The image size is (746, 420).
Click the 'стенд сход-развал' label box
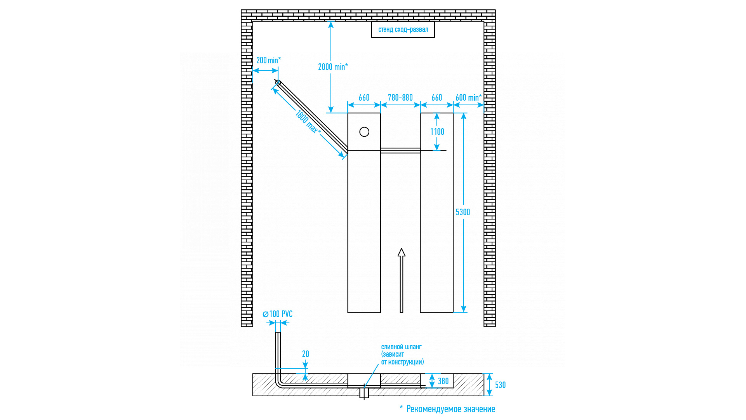(x=403, y=30)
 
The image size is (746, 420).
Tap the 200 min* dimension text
(x=268, y=60)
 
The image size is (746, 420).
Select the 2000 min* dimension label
(x=333, y=67)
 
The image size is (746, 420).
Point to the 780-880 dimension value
(x=400, y=98)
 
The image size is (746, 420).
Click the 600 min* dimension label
(x=468, y=98)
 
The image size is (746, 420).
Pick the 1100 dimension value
(x=437, y=132)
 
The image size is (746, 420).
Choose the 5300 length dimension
(x=463, y=212)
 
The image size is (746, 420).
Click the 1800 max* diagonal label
(x=308, y=122)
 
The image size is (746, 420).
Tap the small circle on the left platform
(x=364, y=132)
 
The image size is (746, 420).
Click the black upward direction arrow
(x=402, y=280)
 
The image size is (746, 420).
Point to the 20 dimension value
(x=306, y=354)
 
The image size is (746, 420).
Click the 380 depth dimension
(x=443, y=381)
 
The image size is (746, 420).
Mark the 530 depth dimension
(x=500, y=385)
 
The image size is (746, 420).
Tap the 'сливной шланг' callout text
(x=402, y=354)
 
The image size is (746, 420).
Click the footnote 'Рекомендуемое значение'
(x=450, y=409)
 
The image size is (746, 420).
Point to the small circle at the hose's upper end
(x=278, y=82)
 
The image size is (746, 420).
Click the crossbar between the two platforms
(x=400, y=150)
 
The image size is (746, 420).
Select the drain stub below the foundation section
(x=364, y=393)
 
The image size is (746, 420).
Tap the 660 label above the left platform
(x=364, y=98)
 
